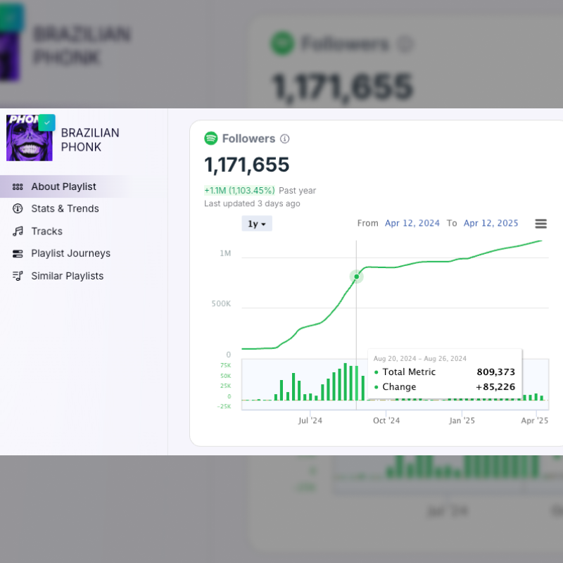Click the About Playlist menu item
click(63, 186)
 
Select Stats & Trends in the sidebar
click(65, 208)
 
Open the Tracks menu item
click(46, 231)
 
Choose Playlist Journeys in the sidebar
click(70, 253)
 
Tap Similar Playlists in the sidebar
click(67, 276)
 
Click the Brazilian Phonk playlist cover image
click(29, 138)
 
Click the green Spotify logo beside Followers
click(211, 139)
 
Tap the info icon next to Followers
click(285, 139)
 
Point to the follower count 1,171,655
click(247, 165)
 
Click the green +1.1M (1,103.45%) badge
click(239, 191)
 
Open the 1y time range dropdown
click(257, 224)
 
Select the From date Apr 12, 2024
click(412, 223)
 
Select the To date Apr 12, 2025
click(491, 223)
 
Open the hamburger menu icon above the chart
click(541, 224)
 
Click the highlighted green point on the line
click(357, 277)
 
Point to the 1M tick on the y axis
click(224, 253)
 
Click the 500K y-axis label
click(221, 304)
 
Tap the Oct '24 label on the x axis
click(386, 421)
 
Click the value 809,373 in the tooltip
click(495, 372)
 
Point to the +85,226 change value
click(495, 387)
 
